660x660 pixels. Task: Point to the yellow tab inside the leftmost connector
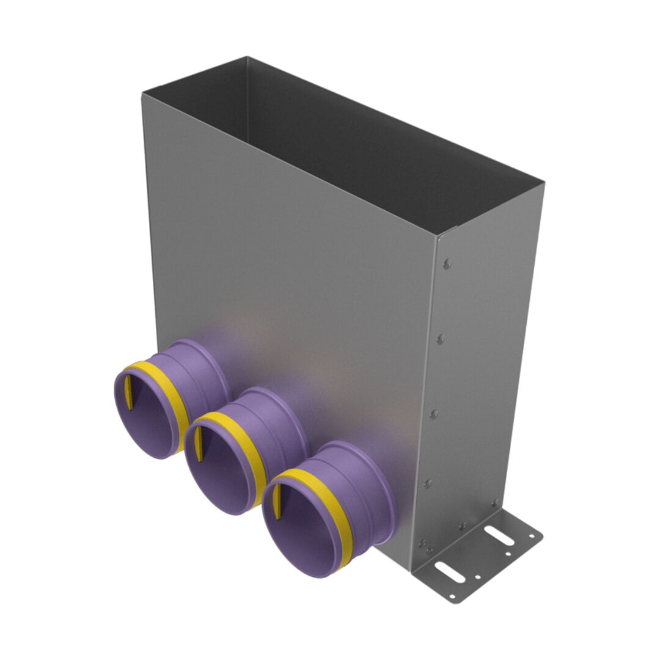130,394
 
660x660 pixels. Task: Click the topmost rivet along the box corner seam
447,264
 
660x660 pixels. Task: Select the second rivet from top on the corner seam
441,339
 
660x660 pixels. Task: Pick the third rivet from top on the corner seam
434,414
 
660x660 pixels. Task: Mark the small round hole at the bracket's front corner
452,596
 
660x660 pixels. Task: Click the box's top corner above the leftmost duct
143,94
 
